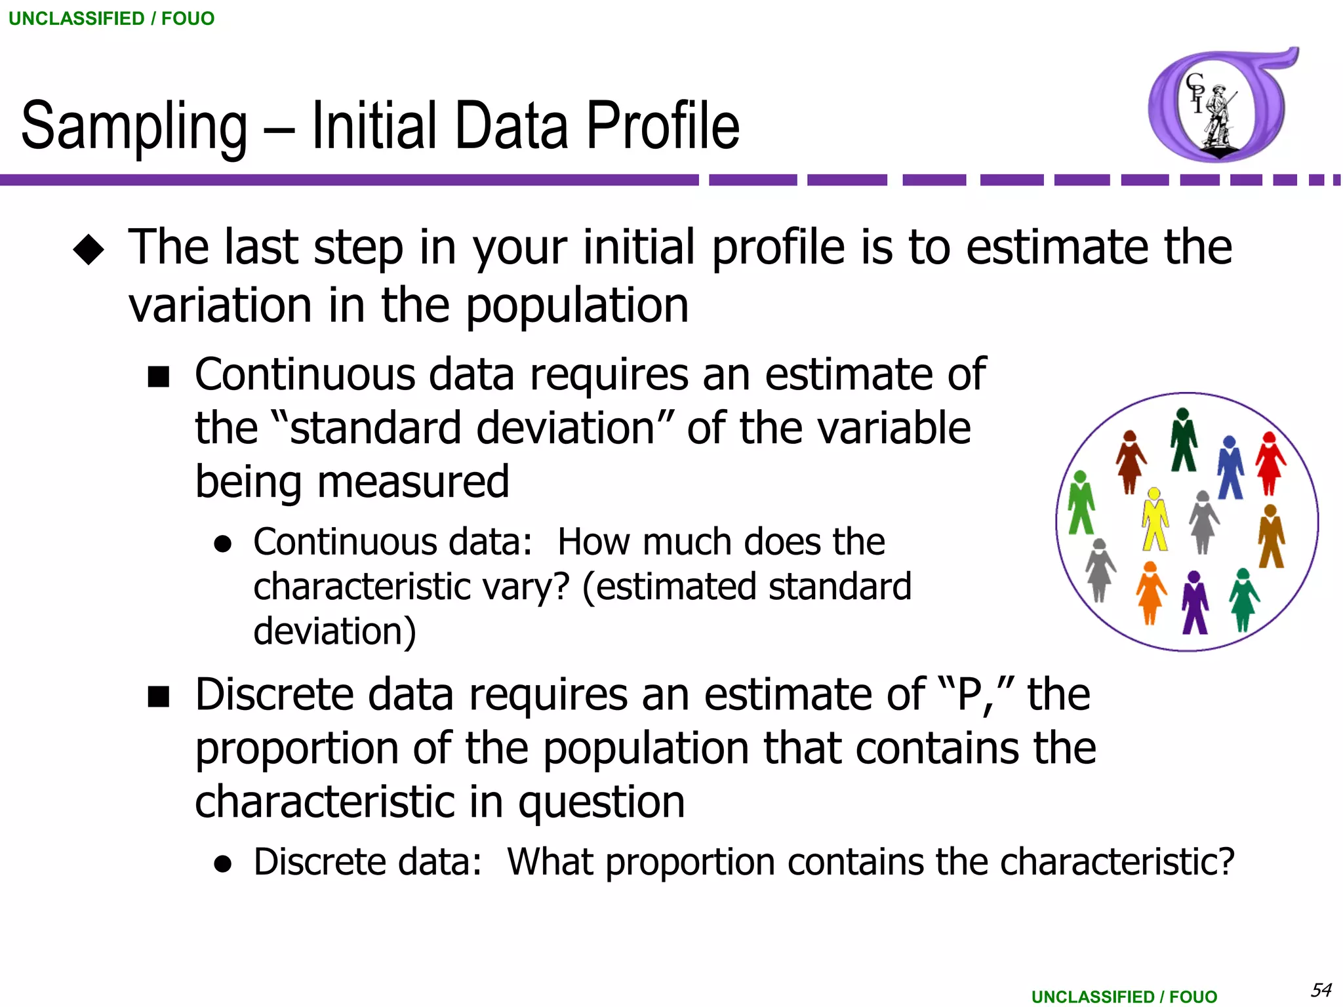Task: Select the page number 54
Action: pyautogui.click(x=1321, y=989)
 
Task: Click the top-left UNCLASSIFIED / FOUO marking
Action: pyautogui.click(x=111, y=18)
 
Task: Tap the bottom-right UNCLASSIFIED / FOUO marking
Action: pyautogui.click(x=1124, y=997)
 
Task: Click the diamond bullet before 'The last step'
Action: pyautogui.click(x=89, y=250)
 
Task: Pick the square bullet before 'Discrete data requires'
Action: pyautogui.click(x=159, y=697)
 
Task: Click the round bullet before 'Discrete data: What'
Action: pyautogui.click(x=223, y=864)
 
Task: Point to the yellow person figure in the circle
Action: pyautogui.click(x=1155, y=519)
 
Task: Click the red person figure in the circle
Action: pyautogui.click(x=1270, y=463)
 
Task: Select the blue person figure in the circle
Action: pyautogui.click(x=1230, y=467)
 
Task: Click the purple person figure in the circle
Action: pyautogui.click(x=1194, y=602)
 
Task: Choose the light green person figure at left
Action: pyautogui.click(x=1081, y=502)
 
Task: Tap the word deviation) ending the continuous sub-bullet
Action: pyautogui.click(x=334, y=631)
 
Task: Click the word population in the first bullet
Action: pyautogui.click(x=577, y=306)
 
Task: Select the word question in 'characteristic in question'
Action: pyautogui.click(x=601, y=802)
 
